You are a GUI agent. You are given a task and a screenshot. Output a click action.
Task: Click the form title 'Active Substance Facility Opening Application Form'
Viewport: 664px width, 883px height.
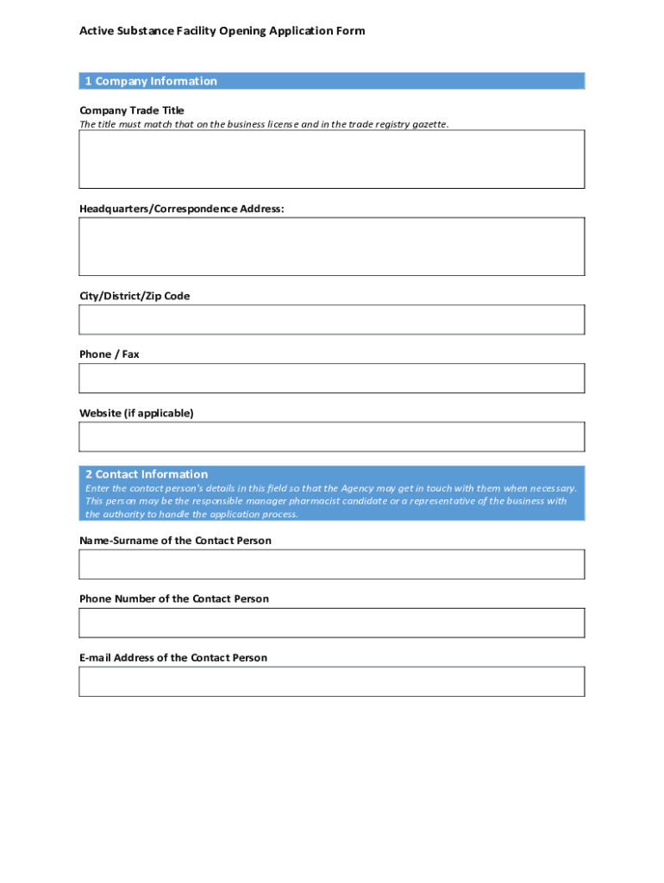[x=222, y=31]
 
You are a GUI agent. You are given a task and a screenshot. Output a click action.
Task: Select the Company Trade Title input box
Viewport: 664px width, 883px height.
[x=331, y=159]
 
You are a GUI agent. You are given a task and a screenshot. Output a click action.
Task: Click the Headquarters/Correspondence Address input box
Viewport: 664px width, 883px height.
[x=331, y=246]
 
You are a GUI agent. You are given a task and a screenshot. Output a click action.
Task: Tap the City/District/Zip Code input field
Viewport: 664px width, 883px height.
[x=331, y=319]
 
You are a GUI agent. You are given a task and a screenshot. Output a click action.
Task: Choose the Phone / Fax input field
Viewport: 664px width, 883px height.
[x=331, y=378]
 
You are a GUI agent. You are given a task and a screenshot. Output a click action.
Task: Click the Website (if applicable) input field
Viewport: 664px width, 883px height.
[x=331, y=436]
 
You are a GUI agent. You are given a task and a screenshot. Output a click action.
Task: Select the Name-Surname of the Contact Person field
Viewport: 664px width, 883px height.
[x=331, y=564]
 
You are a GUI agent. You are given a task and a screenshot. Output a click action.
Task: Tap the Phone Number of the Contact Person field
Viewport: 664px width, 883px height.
[x=331, y=623]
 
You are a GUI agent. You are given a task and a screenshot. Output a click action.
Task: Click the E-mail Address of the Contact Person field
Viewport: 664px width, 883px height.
[x=331, y=681]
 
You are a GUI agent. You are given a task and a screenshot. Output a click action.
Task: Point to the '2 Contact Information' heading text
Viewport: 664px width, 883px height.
[x=146, y=474]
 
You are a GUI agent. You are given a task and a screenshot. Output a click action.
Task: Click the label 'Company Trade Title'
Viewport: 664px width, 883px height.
[x=131, y=110]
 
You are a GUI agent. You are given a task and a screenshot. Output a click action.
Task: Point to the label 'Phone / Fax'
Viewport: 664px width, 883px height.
[x=109, y=354]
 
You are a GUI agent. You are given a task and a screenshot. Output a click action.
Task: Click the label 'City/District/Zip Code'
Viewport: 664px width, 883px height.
[x=135, y=296]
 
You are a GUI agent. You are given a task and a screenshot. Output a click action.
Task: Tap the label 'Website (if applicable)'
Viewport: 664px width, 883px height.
[x=136, y=413]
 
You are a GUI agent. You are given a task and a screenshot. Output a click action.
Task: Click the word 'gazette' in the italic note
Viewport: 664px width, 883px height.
[x=429, y=124]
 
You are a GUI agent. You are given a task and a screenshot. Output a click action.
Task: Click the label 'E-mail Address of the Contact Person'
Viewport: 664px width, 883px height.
[x=173, y=658]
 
